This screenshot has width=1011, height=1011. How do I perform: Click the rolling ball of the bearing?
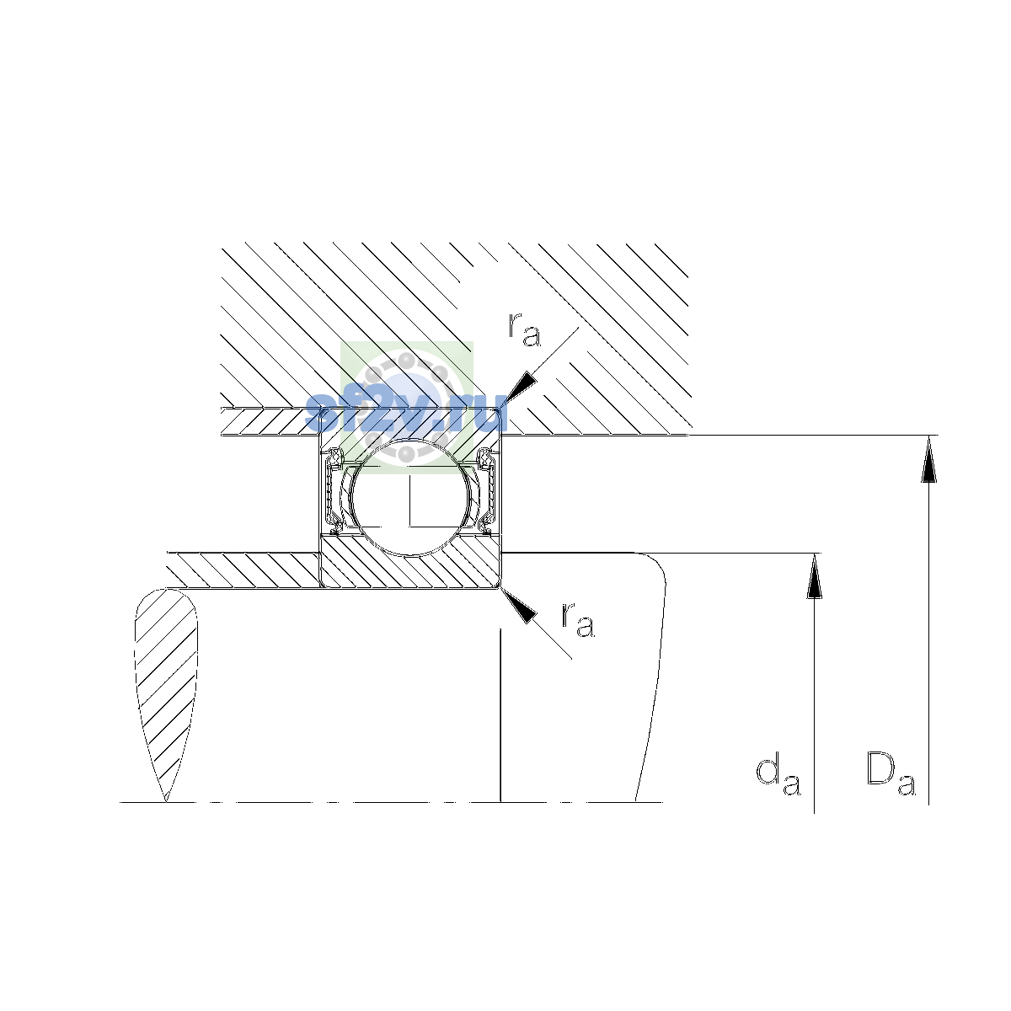(x=411, y=496)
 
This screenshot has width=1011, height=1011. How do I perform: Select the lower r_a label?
(x=578, y=619)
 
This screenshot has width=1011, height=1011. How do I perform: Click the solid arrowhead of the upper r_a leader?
(x=520, y=391)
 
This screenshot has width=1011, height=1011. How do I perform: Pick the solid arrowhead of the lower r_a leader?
(x=519, y=606)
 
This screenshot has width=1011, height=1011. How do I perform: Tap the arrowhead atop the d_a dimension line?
(x=814, y=576)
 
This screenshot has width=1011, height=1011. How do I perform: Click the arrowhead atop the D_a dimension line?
(x=928, y=459)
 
